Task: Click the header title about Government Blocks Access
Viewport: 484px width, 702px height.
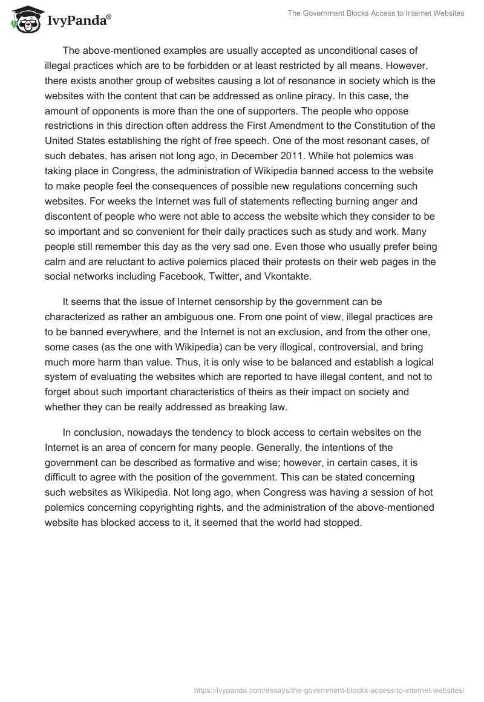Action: pyautogui.click(x=377, y=13)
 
